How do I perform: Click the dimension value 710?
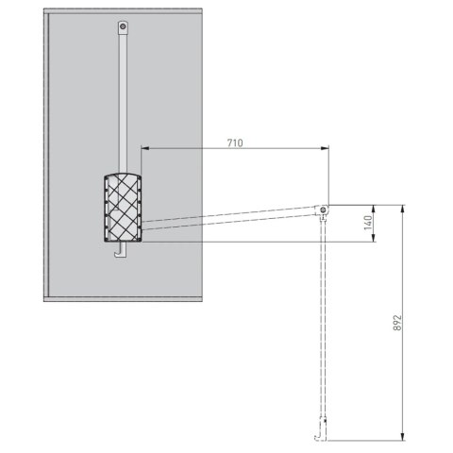[235, 143]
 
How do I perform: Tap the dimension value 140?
[368, 223]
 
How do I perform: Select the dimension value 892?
[397, 323]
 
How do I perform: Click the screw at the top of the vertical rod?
[123, 26]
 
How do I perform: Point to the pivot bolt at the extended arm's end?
[323, 210]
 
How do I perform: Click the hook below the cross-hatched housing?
[121, 249]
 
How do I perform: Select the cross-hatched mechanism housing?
[123, 208]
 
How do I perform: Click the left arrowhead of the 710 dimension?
[145, 148]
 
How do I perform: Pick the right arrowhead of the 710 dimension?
[325, 148]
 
